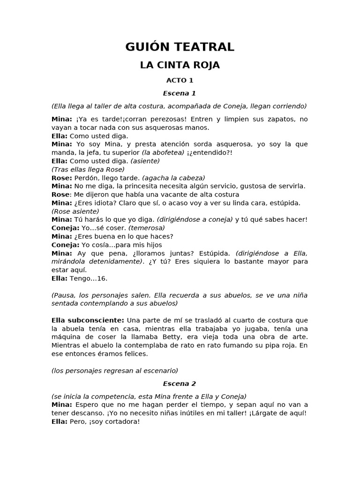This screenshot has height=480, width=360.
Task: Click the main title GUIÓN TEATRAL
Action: point(180,47)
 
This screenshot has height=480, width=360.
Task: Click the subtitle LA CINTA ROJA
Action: point(180,65)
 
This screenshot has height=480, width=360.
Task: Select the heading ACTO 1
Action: point(180,81)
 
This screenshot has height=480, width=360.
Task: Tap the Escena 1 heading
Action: point(180,93)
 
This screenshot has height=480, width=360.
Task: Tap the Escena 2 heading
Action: point(180,383)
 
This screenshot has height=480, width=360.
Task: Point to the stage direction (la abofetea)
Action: point(163,153)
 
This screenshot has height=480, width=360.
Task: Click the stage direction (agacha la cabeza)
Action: point(173,178)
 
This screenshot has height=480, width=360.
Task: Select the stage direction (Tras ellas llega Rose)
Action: point(88,170)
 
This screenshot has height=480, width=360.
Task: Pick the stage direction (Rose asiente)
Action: point(75,211)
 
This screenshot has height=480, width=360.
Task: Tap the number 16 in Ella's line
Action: point(102,278)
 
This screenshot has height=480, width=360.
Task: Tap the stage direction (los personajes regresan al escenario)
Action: point(115,371)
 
